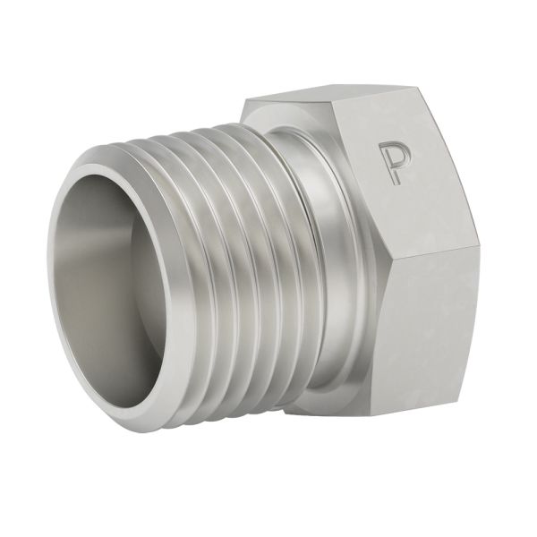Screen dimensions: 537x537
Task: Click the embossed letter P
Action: point(391,161)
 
